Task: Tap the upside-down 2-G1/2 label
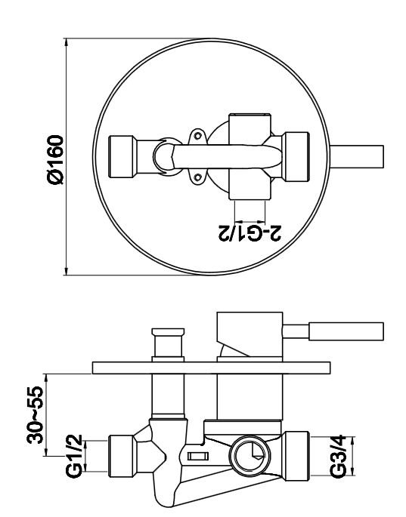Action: point(249,233)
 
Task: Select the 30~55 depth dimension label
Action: point(36,415)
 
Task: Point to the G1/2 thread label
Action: point(73,457)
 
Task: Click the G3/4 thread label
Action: point(338,457)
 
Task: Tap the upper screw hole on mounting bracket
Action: point(198,135)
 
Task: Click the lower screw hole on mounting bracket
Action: point(198,177)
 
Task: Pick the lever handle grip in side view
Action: point(346,331)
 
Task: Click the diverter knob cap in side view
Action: point(168,331)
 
